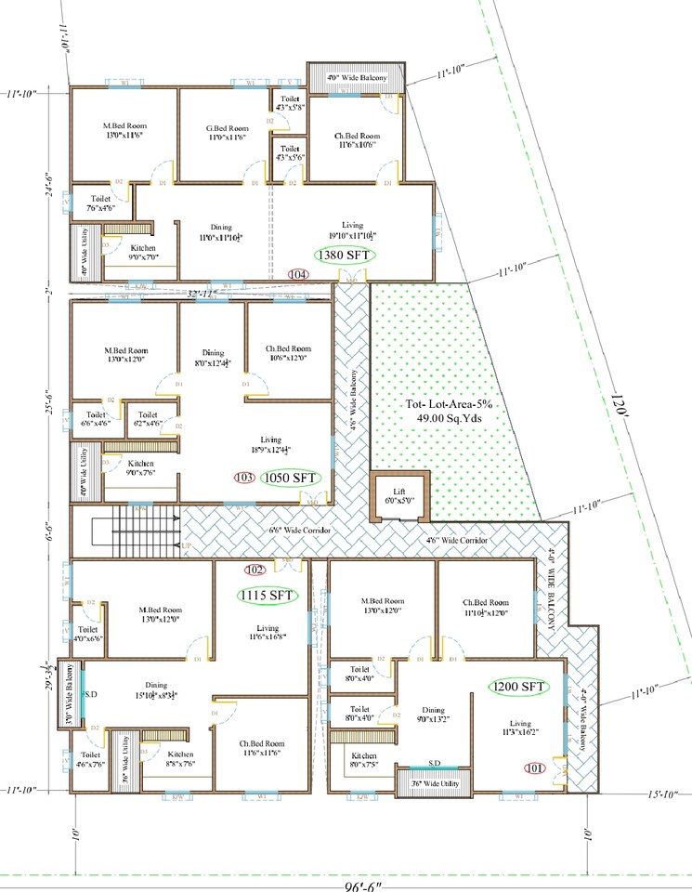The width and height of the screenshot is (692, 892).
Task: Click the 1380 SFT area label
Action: point(340,255)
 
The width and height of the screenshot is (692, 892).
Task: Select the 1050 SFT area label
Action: point(290,478)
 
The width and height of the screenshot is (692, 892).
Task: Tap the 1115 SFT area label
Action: point(266,595)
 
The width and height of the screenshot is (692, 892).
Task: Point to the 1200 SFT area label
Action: point(517,687)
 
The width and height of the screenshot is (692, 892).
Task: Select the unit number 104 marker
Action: point(298,274)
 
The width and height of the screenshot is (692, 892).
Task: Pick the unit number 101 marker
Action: point(532,768)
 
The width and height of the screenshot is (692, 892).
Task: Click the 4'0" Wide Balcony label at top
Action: point(354,77)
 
